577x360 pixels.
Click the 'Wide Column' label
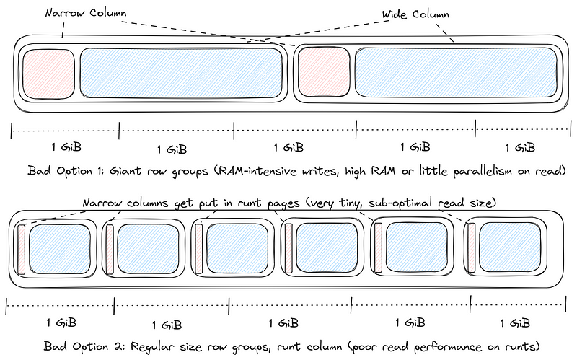click(x=416, y=14)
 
